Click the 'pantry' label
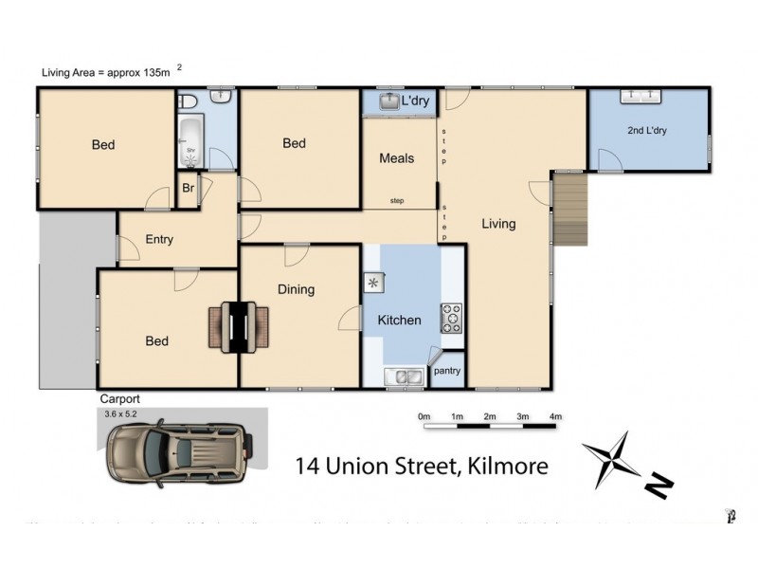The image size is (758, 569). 447,371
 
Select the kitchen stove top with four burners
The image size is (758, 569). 449,318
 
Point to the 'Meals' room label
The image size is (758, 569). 396,158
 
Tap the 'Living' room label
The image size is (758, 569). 498,224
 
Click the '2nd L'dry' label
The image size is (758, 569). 647,131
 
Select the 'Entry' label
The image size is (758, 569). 159,239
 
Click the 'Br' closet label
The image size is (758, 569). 188,188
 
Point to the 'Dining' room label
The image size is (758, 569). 296,289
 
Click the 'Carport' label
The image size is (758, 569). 119,400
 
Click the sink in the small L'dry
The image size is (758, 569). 389,101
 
